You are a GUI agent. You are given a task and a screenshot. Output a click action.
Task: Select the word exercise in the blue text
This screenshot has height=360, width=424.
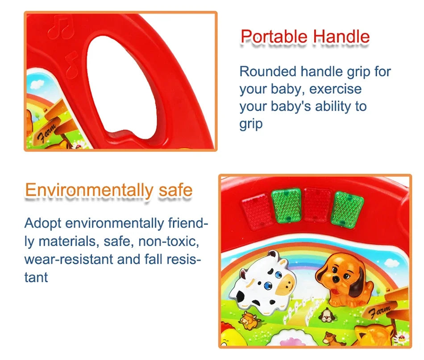335,89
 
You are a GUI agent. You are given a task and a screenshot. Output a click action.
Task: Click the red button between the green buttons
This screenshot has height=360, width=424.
317,205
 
